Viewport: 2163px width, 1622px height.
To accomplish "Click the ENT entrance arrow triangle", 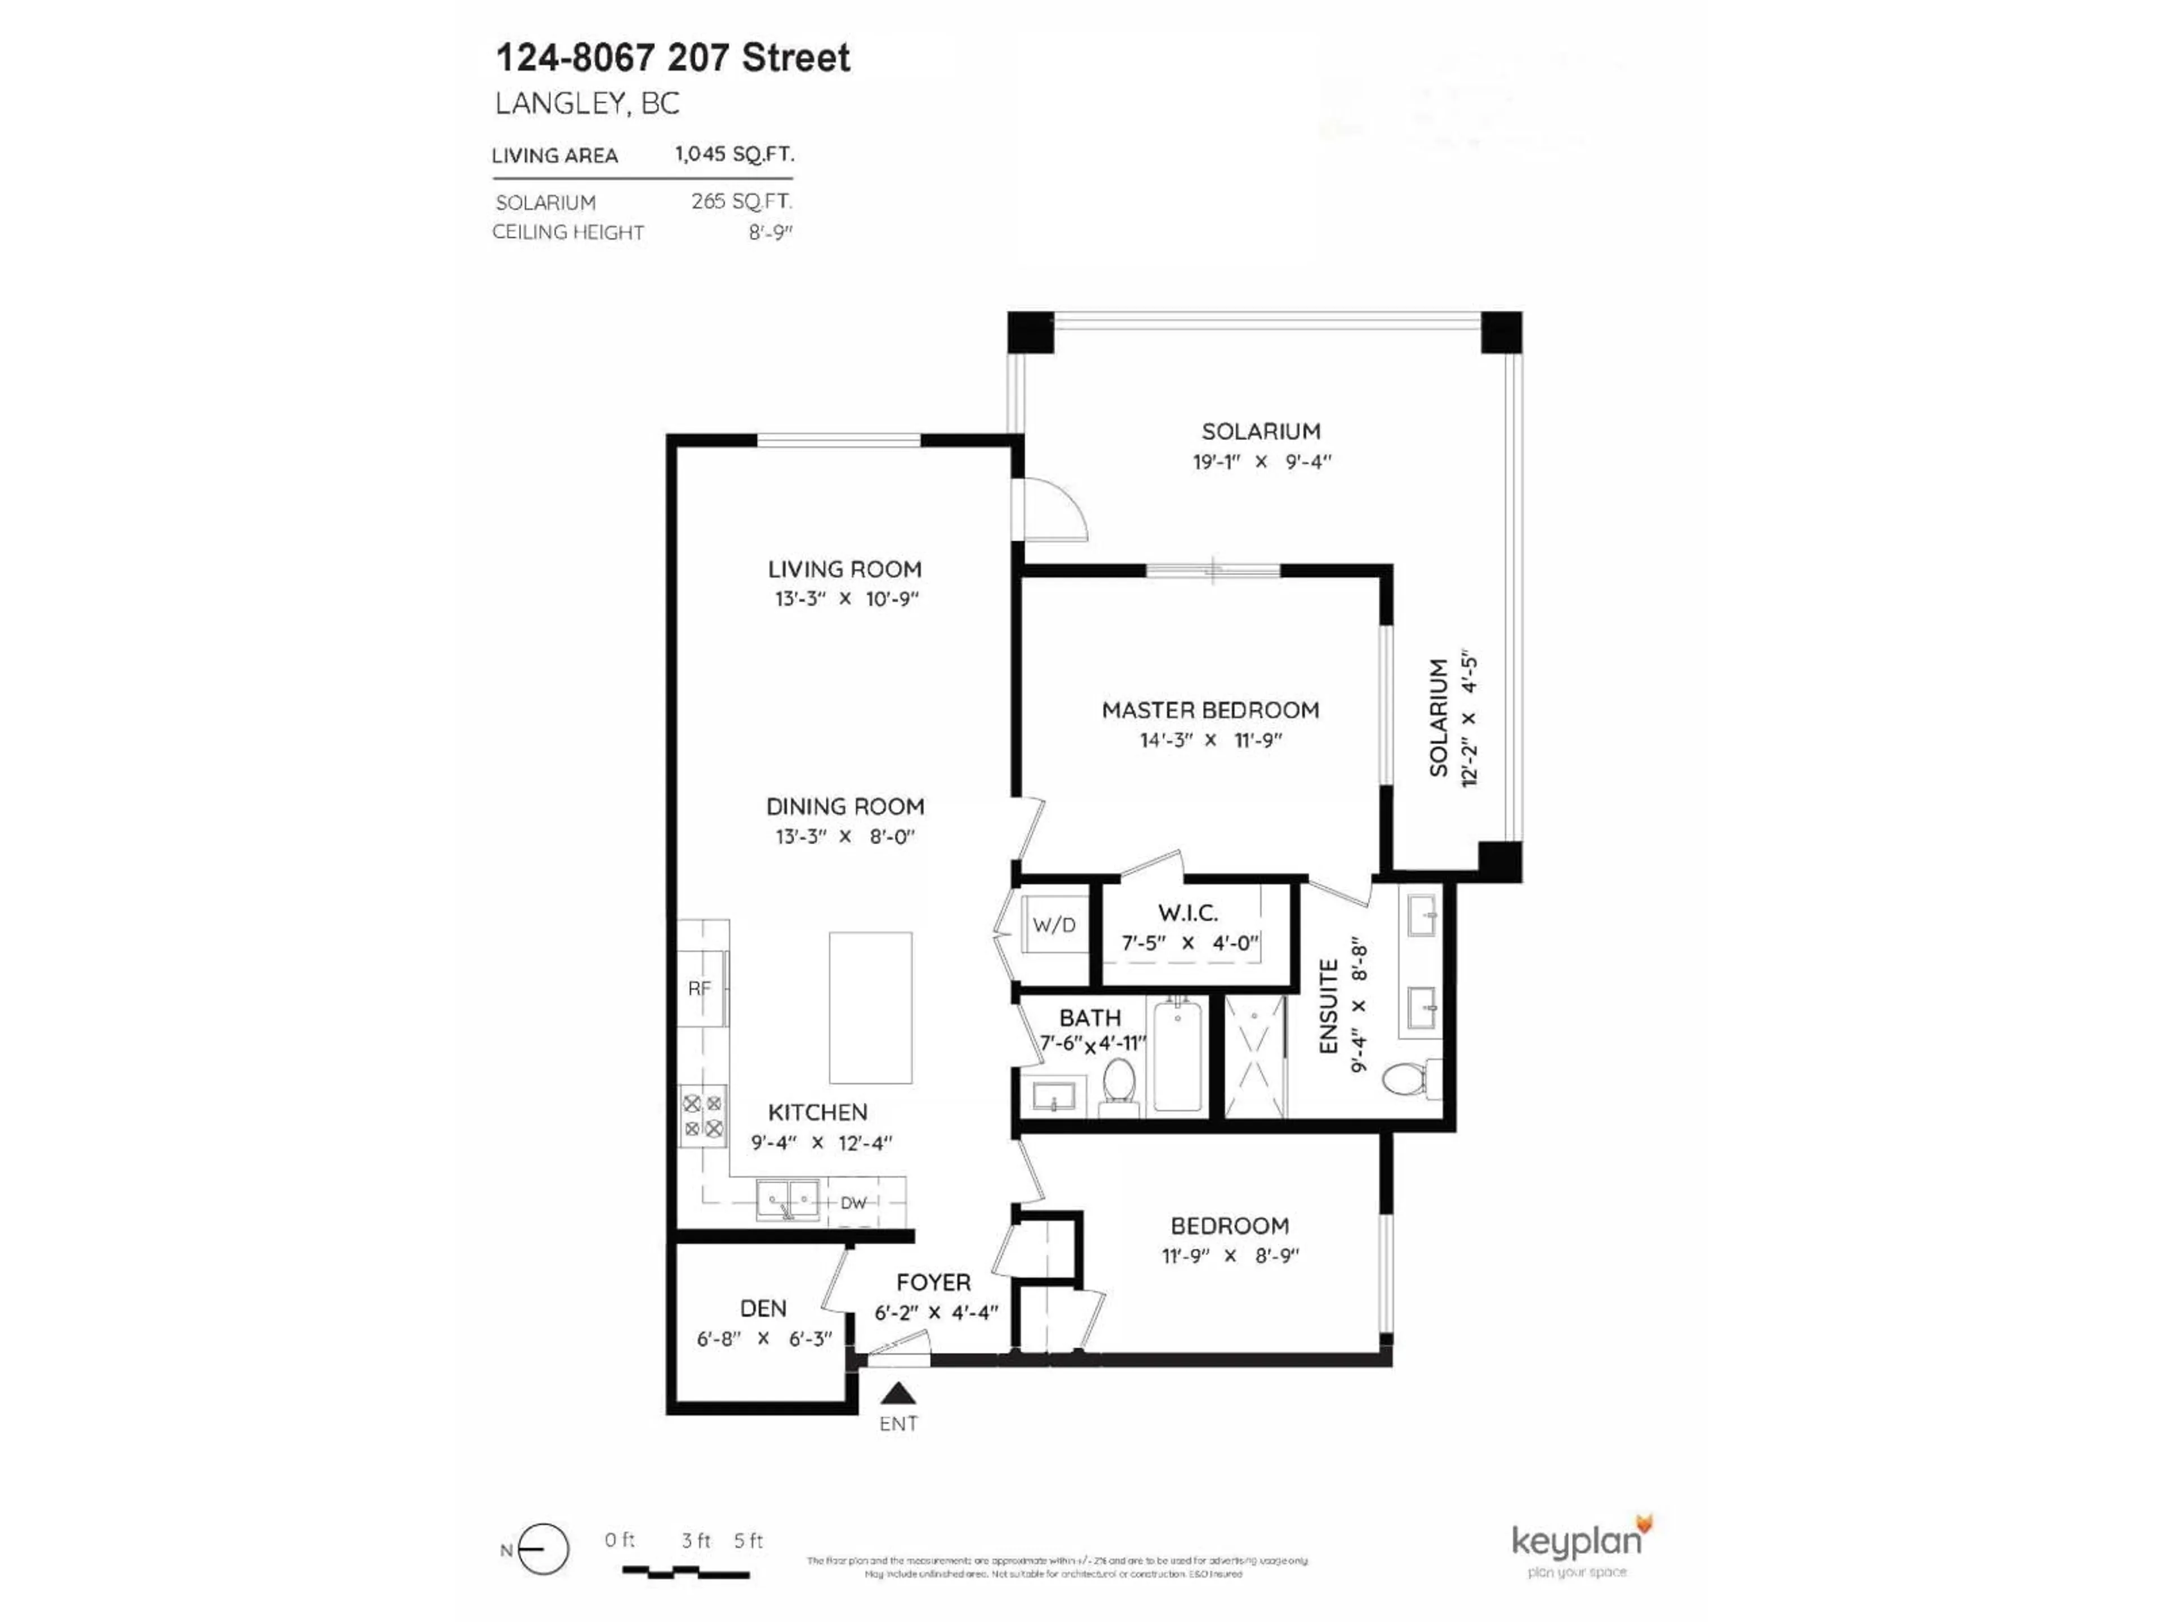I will [898, 1393].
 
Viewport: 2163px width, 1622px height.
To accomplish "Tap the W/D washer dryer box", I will [1054, 925].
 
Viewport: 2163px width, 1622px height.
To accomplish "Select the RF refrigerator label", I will [699, 988].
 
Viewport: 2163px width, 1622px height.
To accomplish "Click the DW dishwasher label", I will [853, 1202].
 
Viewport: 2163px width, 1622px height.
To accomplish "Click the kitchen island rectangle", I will [870, 1007].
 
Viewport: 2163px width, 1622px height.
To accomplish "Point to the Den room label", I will [763, 1308].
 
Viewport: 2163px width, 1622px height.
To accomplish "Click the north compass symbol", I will [542, 1550].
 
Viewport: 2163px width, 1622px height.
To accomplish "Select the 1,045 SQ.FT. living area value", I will [733, 154].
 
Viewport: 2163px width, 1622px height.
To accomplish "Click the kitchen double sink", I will [787, 1200].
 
